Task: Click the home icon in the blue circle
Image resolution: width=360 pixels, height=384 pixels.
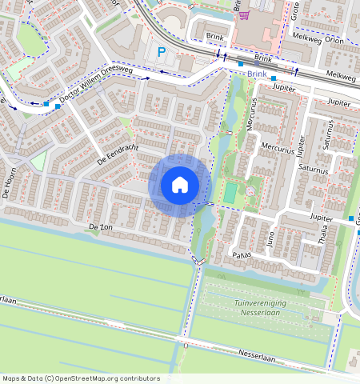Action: click(180, 186)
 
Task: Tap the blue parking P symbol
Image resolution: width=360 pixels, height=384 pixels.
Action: click(162, 53)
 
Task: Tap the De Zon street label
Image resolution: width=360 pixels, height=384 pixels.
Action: click(101, 228)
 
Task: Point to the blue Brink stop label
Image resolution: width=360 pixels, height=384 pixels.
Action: click(257, 73)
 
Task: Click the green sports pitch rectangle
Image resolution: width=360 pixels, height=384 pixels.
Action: click(230, 193)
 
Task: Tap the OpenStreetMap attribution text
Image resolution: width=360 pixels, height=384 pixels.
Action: click(81, 378)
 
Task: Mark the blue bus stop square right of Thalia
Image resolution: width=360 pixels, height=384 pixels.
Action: click(351, 218)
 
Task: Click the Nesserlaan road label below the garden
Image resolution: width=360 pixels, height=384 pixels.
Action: click(256, 355)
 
